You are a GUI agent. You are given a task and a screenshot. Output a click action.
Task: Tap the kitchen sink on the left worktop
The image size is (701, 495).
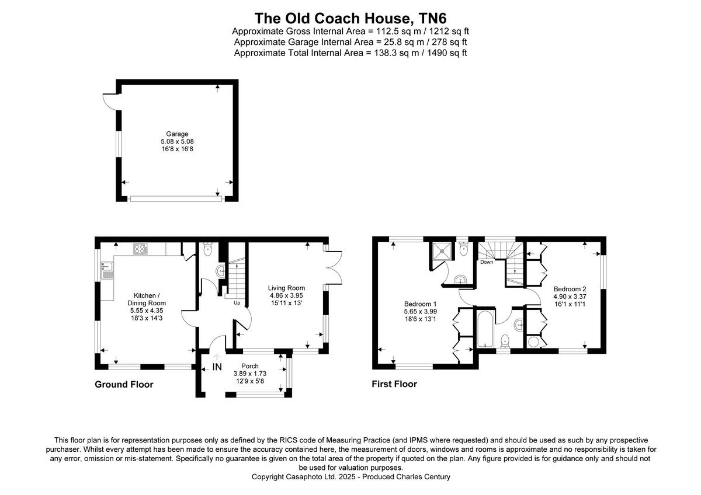107,270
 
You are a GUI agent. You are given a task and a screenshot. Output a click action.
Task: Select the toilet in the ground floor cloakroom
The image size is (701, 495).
207,249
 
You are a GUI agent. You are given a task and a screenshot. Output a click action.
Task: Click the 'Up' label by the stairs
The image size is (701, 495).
237,303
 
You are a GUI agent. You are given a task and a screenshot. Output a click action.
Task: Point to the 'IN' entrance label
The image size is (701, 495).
217,367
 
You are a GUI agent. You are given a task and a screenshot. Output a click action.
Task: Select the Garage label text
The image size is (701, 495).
177,134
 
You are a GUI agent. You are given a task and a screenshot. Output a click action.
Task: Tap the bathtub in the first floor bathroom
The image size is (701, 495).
484,329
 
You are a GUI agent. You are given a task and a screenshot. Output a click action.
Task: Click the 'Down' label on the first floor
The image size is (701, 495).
487,262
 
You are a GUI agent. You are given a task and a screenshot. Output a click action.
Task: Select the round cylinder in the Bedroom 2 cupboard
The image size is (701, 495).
533,341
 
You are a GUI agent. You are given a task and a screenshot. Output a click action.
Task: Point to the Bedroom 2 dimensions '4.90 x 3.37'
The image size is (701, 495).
570,297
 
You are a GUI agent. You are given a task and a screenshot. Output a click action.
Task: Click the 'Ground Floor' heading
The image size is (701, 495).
124,385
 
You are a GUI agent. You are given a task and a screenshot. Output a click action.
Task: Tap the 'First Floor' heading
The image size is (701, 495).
394,384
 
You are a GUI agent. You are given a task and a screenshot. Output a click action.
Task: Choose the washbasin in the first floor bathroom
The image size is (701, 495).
518,324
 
